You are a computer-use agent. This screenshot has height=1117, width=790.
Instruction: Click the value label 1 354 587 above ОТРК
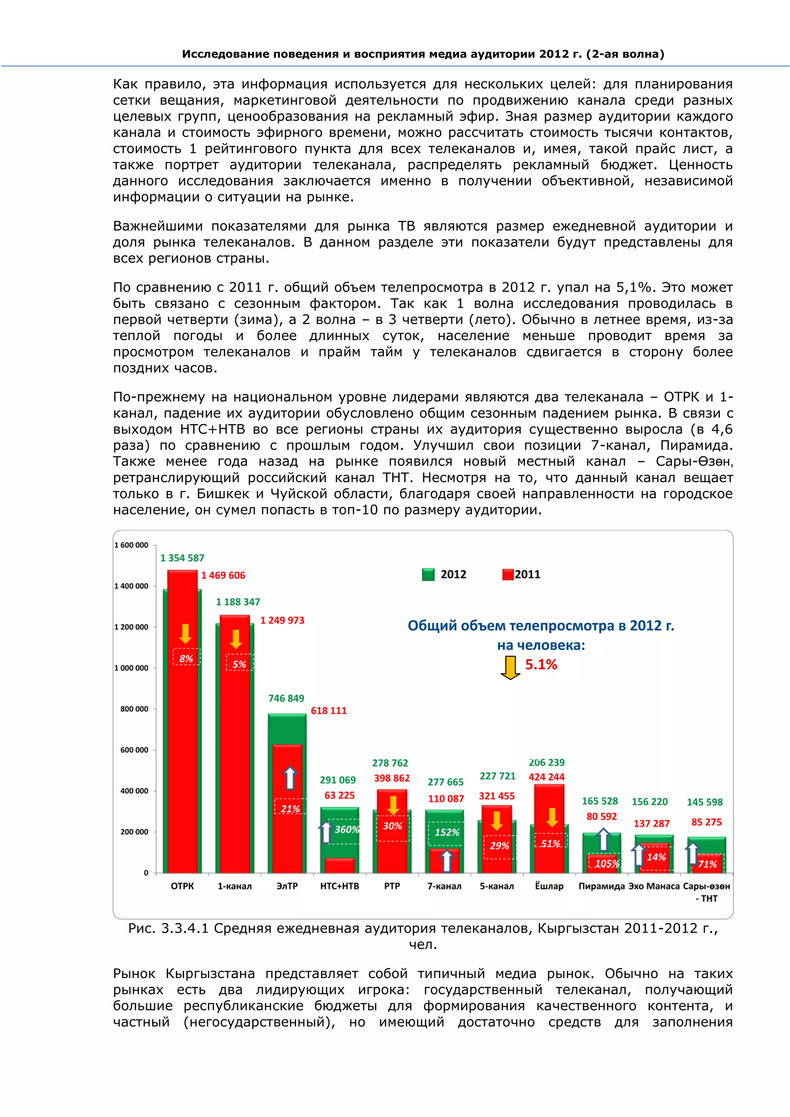182,558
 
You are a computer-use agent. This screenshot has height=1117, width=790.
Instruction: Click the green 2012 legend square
427,575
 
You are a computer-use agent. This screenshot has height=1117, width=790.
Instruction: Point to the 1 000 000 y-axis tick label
131,668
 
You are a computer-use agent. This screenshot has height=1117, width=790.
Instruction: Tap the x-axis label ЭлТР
287,886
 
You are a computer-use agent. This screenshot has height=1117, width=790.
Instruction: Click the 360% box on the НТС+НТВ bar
346,830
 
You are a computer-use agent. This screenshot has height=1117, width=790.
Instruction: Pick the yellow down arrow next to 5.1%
510,668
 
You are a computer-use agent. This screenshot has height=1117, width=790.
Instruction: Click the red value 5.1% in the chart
541,665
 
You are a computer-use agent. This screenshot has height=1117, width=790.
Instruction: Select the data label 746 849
286,698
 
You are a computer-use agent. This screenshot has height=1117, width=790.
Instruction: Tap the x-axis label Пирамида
601,886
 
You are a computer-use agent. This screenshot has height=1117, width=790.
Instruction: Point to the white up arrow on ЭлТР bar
290,778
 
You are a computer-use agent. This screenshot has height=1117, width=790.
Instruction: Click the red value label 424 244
546,777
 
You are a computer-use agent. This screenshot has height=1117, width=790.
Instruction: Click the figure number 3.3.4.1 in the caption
185,928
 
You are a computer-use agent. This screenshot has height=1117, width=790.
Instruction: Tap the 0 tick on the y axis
146,873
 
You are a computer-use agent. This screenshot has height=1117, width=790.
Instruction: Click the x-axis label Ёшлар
549,886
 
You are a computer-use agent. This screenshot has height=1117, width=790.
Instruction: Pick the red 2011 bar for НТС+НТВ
339,866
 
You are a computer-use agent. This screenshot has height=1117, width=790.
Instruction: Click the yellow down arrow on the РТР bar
393,805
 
